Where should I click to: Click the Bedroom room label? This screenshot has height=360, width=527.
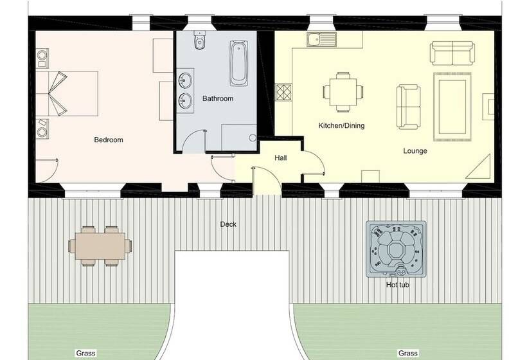coord(109,140)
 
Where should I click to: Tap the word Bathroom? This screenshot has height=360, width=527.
coord(218,98)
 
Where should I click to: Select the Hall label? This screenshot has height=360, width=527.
coord(281,157)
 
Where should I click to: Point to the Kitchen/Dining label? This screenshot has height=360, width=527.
coord(341,126)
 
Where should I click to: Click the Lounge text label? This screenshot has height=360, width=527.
coord(415,151)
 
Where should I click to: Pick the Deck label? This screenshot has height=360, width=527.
coord(228,224)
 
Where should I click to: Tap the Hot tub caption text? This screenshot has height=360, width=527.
coord(398,285)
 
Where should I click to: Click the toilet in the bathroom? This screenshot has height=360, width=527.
coord(199,40)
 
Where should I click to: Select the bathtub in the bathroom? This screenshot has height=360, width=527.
coord(238,63)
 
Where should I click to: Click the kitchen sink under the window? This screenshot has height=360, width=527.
coord(321,40)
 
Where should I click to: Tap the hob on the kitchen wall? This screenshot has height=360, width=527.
coord(283,92)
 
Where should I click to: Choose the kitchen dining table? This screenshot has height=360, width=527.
coord(343,92)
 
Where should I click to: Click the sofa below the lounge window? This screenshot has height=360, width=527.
coord(452,53)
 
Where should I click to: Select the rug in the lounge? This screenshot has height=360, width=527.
coord(452,107)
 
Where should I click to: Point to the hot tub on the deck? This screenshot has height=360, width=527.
coord(397,249)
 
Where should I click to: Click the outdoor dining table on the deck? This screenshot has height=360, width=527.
coord(100,246)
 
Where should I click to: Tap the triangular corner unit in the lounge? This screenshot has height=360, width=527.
coord(479,167)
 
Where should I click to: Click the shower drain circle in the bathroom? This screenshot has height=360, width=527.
coord(253,138)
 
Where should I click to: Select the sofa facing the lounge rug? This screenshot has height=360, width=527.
coord(408,107)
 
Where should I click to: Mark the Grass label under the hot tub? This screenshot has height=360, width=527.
coord(408,354)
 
